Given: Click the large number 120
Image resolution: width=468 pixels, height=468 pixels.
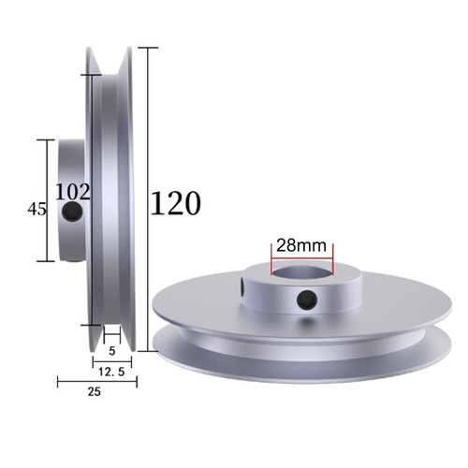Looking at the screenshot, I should click(175, 203).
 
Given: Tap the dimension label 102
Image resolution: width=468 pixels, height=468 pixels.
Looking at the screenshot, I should click(73, 192).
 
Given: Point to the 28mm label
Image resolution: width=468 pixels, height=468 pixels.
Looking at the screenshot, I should click(301, 245).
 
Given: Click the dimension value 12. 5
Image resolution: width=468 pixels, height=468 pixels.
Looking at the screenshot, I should click(110, 372).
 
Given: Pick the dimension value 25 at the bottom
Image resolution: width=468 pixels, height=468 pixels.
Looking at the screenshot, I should click(94, 393).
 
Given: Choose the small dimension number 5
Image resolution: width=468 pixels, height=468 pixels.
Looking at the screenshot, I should click(111, 352).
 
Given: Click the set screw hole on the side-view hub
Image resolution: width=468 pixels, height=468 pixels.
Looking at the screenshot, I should click(73, 214).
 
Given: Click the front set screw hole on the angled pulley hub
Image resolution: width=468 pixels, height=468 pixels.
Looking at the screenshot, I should click(305, 300).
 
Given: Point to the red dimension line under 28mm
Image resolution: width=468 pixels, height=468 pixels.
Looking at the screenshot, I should click(301, 257).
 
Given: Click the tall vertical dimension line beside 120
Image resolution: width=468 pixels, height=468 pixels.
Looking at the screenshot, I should click(148, 187).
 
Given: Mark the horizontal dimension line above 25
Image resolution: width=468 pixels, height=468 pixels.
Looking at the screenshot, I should click(94, 381).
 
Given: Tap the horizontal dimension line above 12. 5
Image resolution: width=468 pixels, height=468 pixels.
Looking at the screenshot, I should click(111, 360).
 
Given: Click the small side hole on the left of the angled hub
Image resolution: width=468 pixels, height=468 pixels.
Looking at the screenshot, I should click(243, 282).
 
